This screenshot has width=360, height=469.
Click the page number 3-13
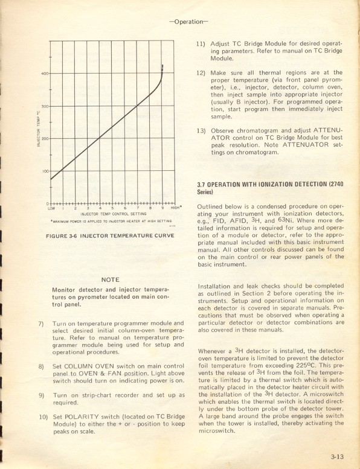pyautogui.click(x=336, y=448)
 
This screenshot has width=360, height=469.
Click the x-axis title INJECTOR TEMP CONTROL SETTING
pyautogui.click(x=114, y=214)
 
